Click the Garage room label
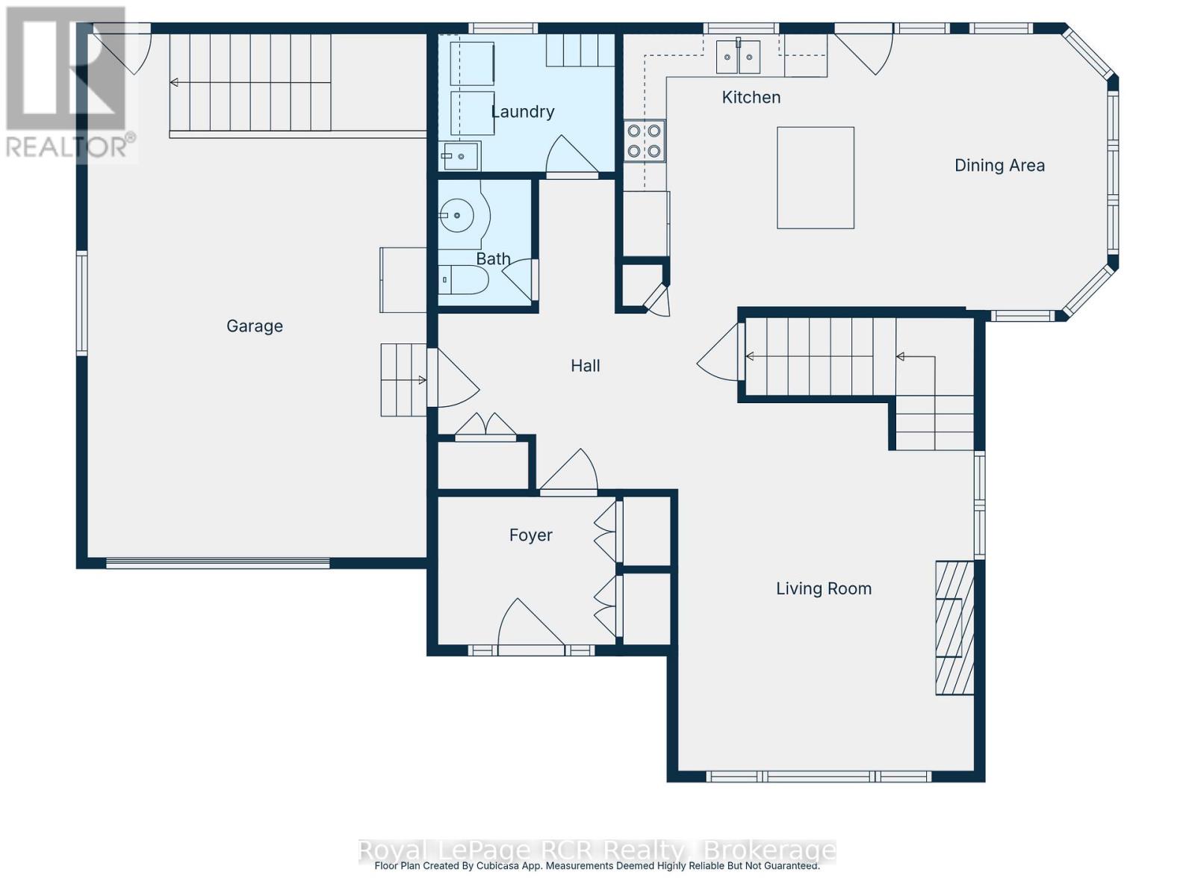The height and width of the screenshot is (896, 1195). click(255, 326)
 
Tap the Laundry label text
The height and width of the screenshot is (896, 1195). click(523, 112)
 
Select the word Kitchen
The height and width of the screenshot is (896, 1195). click(751, 97)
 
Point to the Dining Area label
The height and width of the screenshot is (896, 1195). click(999, 166)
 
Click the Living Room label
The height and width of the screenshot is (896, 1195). click(824, 588)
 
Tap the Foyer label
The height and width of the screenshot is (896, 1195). click(530, 535)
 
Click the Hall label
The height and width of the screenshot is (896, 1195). click(586, 366)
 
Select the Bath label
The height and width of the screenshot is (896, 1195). click(493, 259)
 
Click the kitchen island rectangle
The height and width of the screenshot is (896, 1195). click(815, 178)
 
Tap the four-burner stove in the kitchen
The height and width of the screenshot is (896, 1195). click(645, 141)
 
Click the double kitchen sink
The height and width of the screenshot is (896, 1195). click(738, 57)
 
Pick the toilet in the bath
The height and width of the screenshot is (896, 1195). click(463, 281)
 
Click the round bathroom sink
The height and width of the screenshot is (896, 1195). click(457, 217)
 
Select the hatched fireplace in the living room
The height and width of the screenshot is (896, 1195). click(955, 628)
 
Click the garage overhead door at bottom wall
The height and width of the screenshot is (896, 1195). click(217, 564)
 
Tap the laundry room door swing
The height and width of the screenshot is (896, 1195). click(571, 157)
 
